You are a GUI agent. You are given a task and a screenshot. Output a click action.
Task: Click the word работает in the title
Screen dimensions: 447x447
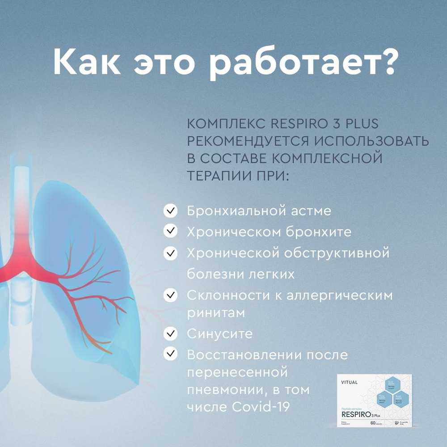(x=286, y=63)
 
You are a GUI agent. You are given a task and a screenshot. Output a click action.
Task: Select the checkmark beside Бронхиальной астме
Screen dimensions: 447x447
(x=170, y=211)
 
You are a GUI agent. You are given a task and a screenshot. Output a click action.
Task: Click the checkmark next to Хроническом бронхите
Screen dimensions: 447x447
(x=170, y=232)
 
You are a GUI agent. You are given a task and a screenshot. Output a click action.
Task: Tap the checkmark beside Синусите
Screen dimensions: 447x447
(x=170, y=333)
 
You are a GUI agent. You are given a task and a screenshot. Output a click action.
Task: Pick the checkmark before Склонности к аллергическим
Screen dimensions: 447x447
(x=170, y=295)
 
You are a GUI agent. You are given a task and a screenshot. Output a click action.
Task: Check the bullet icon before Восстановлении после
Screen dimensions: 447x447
(x=170, y=354)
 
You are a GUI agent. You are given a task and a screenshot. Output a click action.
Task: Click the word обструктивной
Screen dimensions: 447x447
(x=337, y=253)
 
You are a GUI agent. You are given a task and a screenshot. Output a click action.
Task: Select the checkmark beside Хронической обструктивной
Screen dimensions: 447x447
(x=170, y=253)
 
